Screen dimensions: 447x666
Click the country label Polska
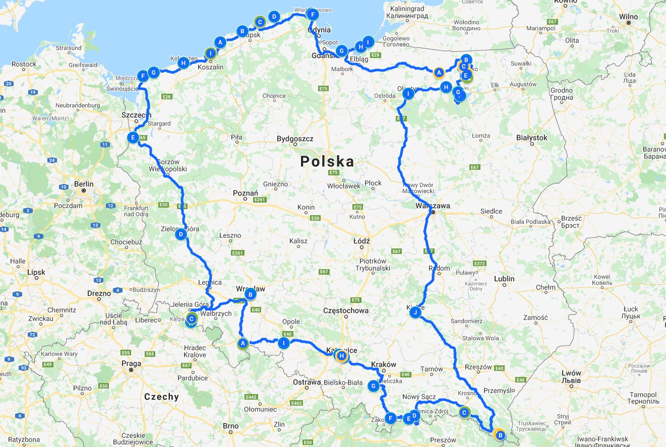point(327,162)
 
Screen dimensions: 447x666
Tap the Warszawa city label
point(433,206)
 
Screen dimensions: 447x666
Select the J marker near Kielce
point(415,313)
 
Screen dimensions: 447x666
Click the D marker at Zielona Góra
point(180,234)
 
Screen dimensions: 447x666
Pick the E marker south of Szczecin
point(133,138)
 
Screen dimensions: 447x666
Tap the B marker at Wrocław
point(250,294)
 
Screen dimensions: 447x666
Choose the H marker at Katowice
point(342,356)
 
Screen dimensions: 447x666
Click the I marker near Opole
point(284,343)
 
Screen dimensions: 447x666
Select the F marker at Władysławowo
point(313,15)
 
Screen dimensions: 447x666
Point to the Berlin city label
point(84,184)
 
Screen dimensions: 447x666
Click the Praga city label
point(131,363)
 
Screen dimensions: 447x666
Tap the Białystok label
point(532,138)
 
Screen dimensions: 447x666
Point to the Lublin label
point(504,279)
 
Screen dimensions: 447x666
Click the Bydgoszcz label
point(295,139)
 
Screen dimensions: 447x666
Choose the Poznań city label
point(246,193)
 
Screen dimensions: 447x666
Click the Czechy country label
point(161,397)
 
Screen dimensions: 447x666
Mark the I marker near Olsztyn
point(408,94)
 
